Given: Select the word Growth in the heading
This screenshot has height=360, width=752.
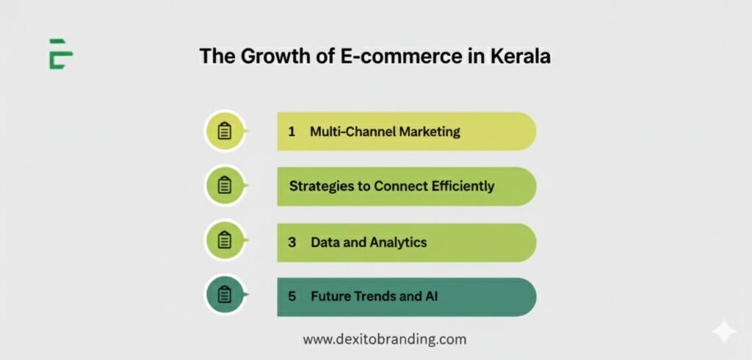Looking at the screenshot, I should pyautogui.click(x=270, y=57).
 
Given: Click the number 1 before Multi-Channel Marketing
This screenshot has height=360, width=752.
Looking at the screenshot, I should pyautogui.click(x=292, y=132).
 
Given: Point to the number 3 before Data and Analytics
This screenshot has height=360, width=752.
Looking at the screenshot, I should pyautogui.click(x=292, y=242).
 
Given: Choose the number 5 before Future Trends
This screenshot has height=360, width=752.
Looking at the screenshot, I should pyautogui.click(x=292, y=297).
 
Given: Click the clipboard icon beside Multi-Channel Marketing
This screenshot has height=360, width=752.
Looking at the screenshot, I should pyautogui.click(x=224, y=132).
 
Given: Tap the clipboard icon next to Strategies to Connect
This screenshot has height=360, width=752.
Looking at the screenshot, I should pyautogui.click(x=224, y=186).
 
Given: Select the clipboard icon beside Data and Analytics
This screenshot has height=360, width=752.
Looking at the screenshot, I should pyautogui.click(x=224, y=240).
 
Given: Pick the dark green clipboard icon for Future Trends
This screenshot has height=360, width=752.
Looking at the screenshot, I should pyautogui.click(x=224, y=295).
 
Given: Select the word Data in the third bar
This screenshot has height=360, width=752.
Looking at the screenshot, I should pyautogui.click(x=325, y=242).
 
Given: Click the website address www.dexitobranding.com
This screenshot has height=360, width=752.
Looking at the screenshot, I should pyautogui.click(x=385, y=340).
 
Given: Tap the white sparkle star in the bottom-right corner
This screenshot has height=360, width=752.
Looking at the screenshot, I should pyautogui.click(x=724, y=331).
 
